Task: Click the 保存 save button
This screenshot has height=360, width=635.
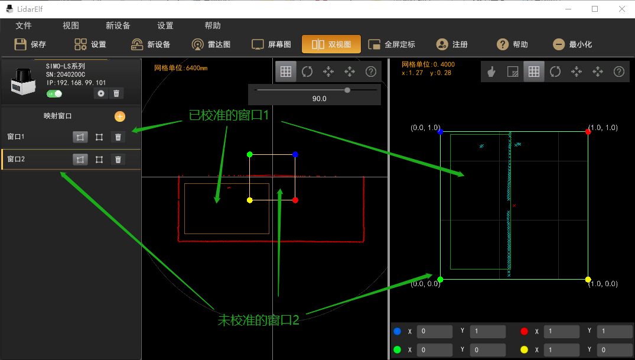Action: pyautogui.click(x=30, y=44)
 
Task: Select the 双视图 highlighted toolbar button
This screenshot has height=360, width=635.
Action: pyautogui.click(x=331, y=44)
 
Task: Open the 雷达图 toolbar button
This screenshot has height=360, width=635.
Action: pyautogui.click(x=211, y=44)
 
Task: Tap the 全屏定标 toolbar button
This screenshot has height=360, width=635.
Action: pyautogui.click(x=392, y=44)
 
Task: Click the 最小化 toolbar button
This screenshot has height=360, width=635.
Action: pyautogui.click(x=572, y=44)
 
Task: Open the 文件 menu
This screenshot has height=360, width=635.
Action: pyautogui.click(x=24, y=25)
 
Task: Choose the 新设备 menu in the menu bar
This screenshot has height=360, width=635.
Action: pyautogui.click(x=118, y=25)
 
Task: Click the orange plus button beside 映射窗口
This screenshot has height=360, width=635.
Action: pyautogui.click(x=120, y=116)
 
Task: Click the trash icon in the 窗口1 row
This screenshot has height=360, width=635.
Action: pyautogui.click(x=118, y=137)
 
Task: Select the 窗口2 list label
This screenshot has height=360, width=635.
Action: pyautogui.click(x=16, y=159)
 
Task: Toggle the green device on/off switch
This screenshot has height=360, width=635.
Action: pyautogui.click(x=54, y=94)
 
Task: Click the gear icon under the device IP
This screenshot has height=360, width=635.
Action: pyautogui.click(x=101, y=93)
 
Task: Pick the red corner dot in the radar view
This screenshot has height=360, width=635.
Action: pyautogui.click(x=295, y=200)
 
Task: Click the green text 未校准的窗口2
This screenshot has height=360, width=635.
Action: pyautogui.click(x=258, y=320)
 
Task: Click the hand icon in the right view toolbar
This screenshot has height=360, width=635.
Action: pyautogui.click(x=491, y=72)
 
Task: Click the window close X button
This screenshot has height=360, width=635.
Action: pyautogui.click(x=621, y=9)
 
